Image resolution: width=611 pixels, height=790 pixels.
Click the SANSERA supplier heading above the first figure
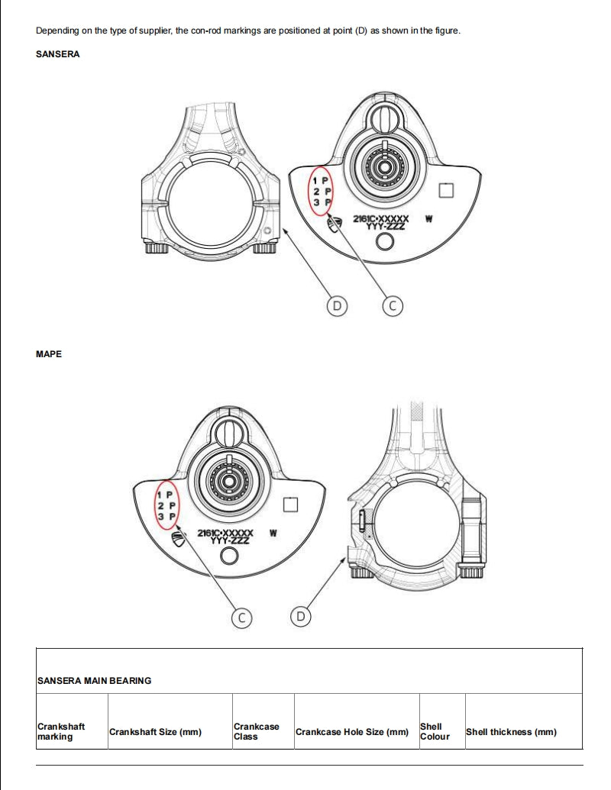coord(57,54)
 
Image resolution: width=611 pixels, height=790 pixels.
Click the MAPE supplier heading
coord(49,354)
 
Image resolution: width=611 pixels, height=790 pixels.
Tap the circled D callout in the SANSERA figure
coord(336,306)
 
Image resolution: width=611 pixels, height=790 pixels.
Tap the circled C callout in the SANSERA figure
coord(392,306)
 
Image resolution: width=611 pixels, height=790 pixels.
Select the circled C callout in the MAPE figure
coord(242,617)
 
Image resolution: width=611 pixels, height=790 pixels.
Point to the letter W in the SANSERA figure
coord(428,218)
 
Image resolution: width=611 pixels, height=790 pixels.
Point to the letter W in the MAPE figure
coord(273,533)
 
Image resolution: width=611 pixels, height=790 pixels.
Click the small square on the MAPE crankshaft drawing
coord(289,505)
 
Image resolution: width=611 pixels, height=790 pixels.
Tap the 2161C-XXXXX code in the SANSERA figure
coord(380,218)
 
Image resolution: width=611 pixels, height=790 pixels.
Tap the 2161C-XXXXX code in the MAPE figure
coord(225,533)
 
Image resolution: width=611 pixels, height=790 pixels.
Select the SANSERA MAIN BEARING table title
coord(94,680)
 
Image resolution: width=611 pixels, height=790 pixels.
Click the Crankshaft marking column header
coord(61,731)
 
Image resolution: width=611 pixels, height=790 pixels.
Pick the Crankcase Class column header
coord(256,731)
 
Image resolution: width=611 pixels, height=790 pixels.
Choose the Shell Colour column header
coord(435,731)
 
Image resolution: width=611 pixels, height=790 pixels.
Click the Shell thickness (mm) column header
coord(511,732)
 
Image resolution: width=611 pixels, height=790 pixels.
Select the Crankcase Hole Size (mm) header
coord(351,732)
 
